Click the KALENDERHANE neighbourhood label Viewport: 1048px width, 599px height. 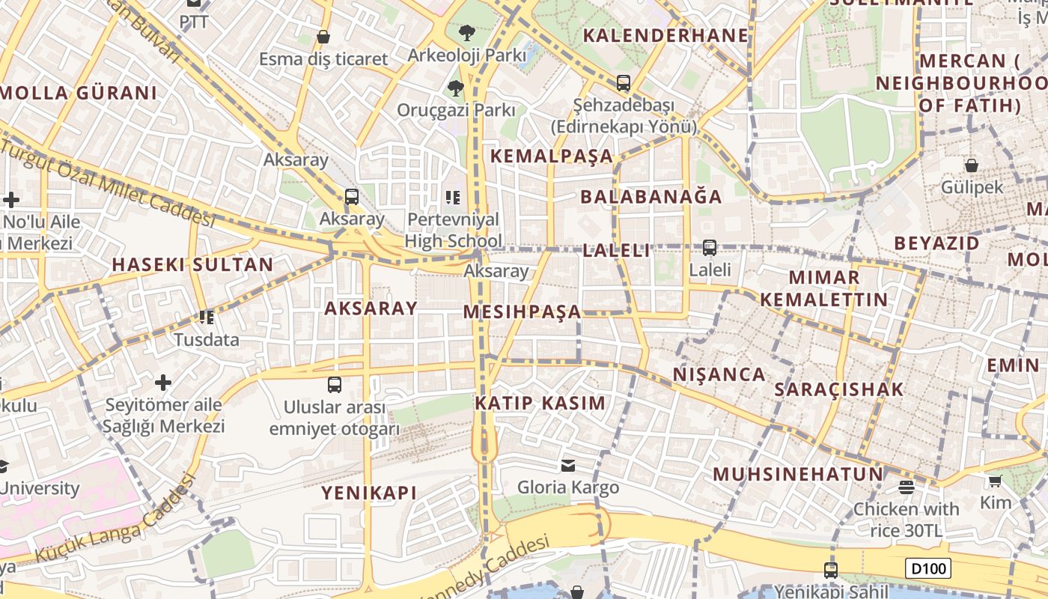(x=665, y=35)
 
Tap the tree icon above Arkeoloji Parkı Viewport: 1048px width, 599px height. (x=467, y=32)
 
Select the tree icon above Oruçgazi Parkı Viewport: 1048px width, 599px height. (x=455, y=88)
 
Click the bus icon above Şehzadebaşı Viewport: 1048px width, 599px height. (x=623, y=83)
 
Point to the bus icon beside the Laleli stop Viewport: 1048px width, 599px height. (x=709, y=247)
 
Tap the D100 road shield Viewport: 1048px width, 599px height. (x=928, y=568)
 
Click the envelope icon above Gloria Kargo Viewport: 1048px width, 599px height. (x=568, y=466)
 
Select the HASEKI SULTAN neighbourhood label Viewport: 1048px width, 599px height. (x=192, y=264)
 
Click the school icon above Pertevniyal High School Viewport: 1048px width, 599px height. (x=453, y=198)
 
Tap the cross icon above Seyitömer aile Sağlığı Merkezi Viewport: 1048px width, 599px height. (x=163, y=383)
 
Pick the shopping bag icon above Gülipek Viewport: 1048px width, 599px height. (x=971, y=165)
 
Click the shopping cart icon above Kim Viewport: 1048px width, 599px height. (x=995, y=481)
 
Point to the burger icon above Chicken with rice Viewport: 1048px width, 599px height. (x=907, y=487)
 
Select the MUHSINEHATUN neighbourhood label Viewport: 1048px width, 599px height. (x=798, y=474)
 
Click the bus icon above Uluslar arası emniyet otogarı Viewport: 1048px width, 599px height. (x=335, y=385)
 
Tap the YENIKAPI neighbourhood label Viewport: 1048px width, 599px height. (x=368, y=493)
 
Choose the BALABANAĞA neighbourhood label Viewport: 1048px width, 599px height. (x=651, y=197)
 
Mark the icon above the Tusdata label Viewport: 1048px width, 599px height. (x=207, y=317)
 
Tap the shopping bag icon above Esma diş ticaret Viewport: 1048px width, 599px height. (x=323, y=36)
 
